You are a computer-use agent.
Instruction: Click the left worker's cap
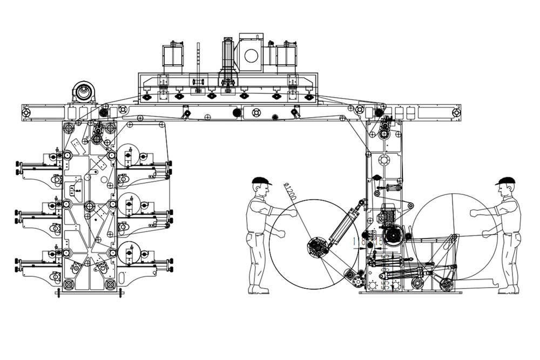(261, 181)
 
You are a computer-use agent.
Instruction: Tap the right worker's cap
(505, 181)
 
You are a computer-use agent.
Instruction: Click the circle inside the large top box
(251, 55)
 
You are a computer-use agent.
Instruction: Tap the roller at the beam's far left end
(25, 112)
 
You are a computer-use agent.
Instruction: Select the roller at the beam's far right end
(456, 113)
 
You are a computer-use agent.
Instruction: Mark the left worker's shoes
(259, 290)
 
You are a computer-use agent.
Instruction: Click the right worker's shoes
(508, 290)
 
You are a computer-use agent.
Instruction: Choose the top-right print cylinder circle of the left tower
(127, 155)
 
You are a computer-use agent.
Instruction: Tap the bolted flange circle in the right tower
(384, 160)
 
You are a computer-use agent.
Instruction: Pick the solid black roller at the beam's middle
(236, 113)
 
